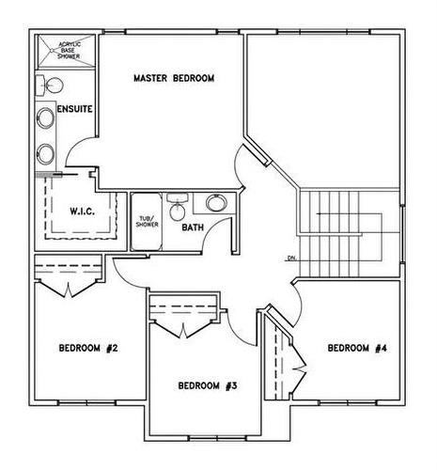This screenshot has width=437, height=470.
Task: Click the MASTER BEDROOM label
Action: coord(174,78)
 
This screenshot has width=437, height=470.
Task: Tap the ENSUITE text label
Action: coord(74,110)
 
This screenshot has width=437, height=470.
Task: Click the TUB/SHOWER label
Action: coord(147,221)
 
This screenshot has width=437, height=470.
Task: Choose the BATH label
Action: coord(193,227)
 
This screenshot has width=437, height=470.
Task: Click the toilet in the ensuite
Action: coord(50,87)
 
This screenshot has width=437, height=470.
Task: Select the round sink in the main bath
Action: coord(215,203)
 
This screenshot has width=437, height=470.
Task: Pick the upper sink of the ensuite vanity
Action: coord(45,120)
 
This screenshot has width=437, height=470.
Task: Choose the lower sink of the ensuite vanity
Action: coord(45,153)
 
